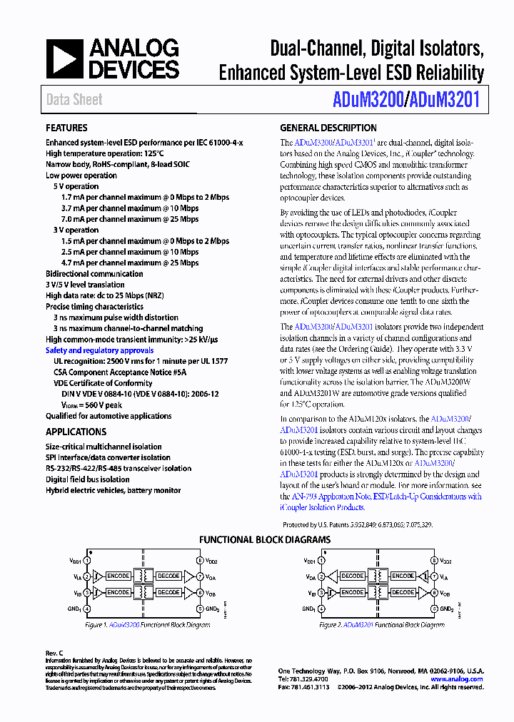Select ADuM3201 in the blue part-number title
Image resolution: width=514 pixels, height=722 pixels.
(444, 101)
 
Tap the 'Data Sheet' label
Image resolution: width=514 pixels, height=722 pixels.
(74, 100)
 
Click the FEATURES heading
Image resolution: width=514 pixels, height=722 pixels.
(67, 128)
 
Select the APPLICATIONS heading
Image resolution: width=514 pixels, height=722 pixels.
(76, 432)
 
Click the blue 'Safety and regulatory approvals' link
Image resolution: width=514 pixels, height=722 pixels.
(99, 350)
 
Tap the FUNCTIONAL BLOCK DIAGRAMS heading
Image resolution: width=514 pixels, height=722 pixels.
(265, 540)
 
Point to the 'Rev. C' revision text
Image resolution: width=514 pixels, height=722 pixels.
(55, 653)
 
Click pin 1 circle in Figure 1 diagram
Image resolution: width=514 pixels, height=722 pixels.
(87, 561)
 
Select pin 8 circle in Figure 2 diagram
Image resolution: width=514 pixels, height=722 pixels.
(433, 561)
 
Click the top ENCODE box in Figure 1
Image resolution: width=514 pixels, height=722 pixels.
(118, 576)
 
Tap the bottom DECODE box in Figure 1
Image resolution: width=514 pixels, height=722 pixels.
(168, 592)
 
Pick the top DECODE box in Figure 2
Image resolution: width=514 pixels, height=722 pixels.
(352, 576)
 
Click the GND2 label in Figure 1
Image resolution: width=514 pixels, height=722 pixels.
(213, 609)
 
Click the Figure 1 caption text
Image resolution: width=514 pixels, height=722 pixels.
(147, 624)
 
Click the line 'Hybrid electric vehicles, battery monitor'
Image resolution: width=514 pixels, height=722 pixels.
(114, 490)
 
